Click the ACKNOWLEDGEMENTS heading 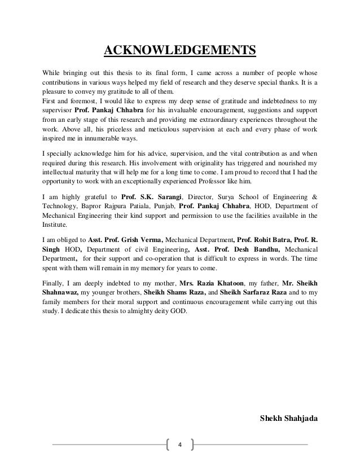pyautogui.click(x=180, y=53)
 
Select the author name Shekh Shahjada pyautogui.click(x=287, y=418)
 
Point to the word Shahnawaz pyautogui.click(x=62, y=292)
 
